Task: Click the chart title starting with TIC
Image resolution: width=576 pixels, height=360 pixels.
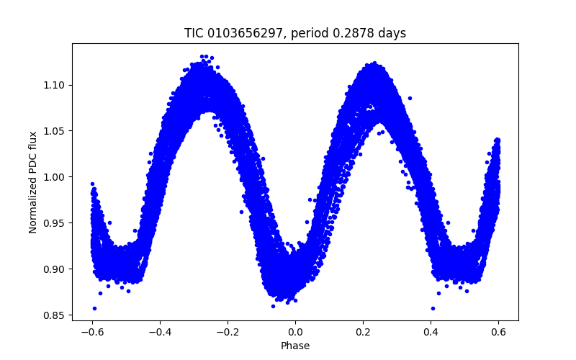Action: pyautogui.click(x=295, y=33)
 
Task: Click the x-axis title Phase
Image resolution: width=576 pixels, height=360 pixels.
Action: pyautogui.click(x=295, y=346)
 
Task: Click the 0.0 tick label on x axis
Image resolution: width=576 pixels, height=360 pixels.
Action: pyautogui.click(x=295, y=332)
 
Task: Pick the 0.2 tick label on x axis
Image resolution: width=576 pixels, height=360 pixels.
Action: pyautogui.click(x=364, y=332)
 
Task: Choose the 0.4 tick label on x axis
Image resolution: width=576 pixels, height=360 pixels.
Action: pyautogui.click(x=431, y=332)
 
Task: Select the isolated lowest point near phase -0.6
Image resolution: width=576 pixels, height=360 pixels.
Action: pyautogui.click(x=94, y=308)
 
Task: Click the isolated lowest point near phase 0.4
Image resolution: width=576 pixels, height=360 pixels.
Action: pyautogui.click(x=433, y=308)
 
